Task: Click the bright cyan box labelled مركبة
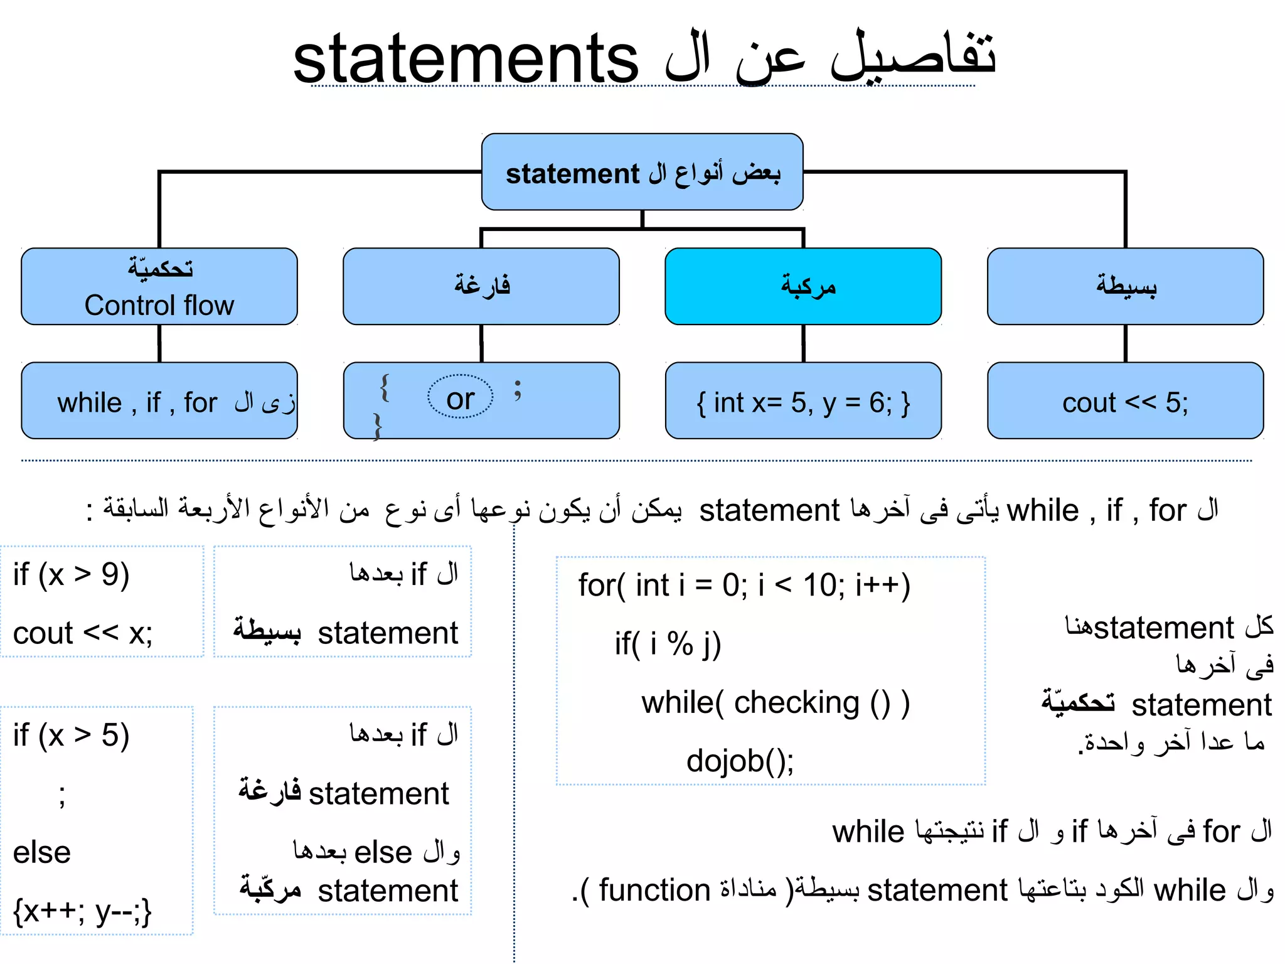click(x=803, y=286)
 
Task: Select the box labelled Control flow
click(x=159, y=286)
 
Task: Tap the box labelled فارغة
click(x=481, y=286)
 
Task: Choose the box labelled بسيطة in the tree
click(x=1125, y=286)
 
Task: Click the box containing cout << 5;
click(x=1125, y=400)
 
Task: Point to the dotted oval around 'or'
click(x=461, y=397)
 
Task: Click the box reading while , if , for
click(x=159, y=400)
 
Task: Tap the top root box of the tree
click(x=642, y=171)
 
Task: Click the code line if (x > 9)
click(x=72, y=574)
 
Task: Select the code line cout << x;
click(x=83, y=633)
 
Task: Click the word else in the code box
click(x=42, y=852)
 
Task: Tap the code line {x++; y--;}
click(x=83, y=911)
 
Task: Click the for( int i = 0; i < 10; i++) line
click(x=744, y=585)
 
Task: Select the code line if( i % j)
click(x=668, y=644)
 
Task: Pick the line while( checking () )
click(x=776, y=702)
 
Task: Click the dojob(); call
click(x=740, y=761)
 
